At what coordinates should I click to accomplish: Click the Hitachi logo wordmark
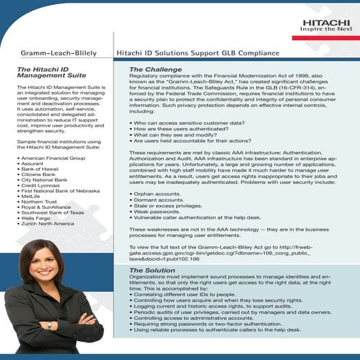click(x=326, y=23)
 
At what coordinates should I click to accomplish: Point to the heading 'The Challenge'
click(x=144, y=68)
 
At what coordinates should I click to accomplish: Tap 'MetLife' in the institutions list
click(x=31, y=196)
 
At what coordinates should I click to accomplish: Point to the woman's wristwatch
click(x=50, y=345)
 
